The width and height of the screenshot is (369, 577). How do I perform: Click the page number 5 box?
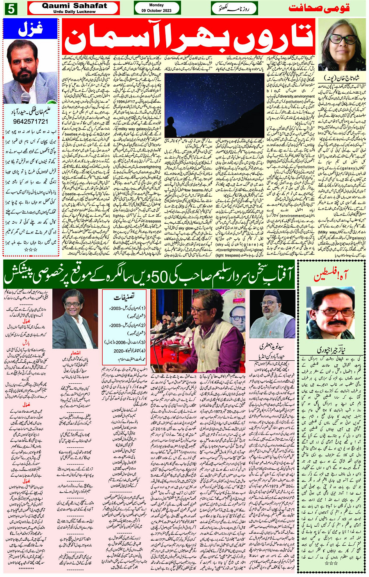click(x=10, y=9)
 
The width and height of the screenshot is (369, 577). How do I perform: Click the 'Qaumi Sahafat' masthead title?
click(x=74, y=5)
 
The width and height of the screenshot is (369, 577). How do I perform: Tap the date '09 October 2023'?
click(x=157, y=11)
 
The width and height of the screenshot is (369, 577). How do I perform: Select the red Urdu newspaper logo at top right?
click(x=318, y=8)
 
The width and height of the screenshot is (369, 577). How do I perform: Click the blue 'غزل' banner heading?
click(x=30, y=28)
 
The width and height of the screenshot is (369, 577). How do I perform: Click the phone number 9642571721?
click(x=30, y=122)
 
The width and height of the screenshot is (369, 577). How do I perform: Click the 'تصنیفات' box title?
click(x=124, y=297)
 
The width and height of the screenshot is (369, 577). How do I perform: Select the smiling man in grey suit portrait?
click(x=74, y=318)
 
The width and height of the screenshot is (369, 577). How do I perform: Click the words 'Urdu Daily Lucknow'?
click(x=74, y=12)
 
